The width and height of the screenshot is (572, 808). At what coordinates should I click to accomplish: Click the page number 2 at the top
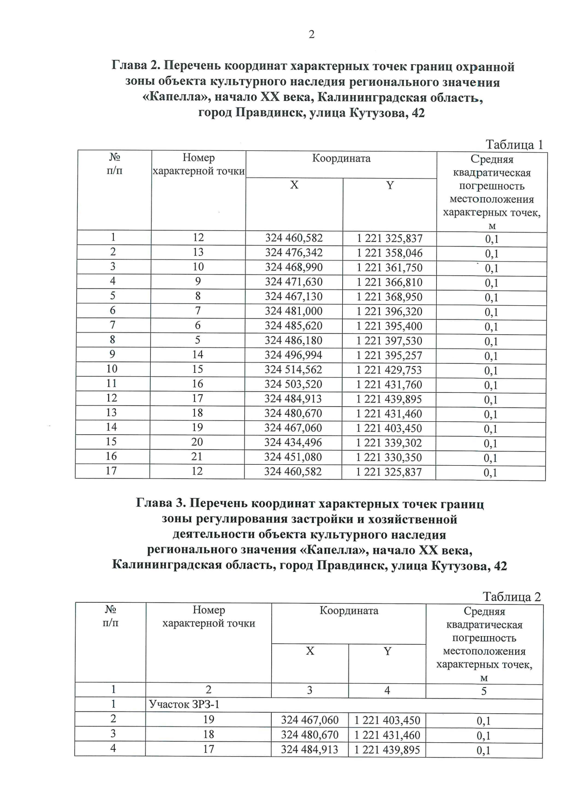coord(311,35)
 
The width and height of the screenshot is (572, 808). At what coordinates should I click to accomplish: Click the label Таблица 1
coord(514,145)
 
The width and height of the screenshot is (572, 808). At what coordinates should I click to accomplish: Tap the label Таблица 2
coord(511,597)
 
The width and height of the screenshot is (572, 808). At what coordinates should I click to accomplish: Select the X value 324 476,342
coord(294,252)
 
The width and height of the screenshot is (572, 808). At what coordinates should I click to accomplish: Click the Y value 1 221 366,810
coord(389,282)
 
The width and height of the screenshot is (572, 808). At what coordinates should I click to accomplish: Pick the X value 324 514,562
coord(294,369)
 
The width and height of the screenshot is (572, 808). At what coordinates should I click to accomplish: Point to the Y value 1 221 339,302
coord(389,443)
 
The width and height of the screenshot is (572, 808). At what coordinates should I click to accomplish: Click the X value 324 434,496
coord(294,442)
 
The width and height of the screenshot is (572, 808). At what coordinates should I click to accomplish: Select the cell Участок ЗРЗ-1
coord(184,705)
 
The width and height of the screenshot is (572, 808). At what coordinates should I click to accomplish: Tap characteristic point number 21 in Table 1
coord(197,457)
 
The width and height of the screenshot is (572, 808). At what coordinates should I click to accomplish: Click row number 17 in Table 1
coord(112,471)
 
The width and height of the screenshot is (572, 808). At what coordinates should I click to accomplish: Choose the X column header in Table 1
coord(294,185)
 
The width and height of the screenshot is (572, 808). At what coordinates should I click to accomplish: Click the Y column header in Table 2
coord(388,651)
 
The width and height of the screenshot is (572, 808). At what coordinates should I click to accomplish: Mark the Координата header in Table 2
coord(348,611)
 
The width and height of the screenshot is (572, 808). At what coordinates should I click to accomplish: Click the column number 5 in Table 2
coord(483,691)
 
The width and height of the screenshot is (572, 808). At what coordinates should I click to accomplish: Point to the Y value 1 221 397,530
coord(389,341)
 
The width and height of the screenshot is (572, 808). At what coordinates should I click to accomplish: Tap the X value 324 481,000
coord(294,311)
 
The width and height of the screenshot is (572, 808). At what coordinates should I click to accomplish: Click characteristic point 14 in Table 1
coord(198,355)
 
